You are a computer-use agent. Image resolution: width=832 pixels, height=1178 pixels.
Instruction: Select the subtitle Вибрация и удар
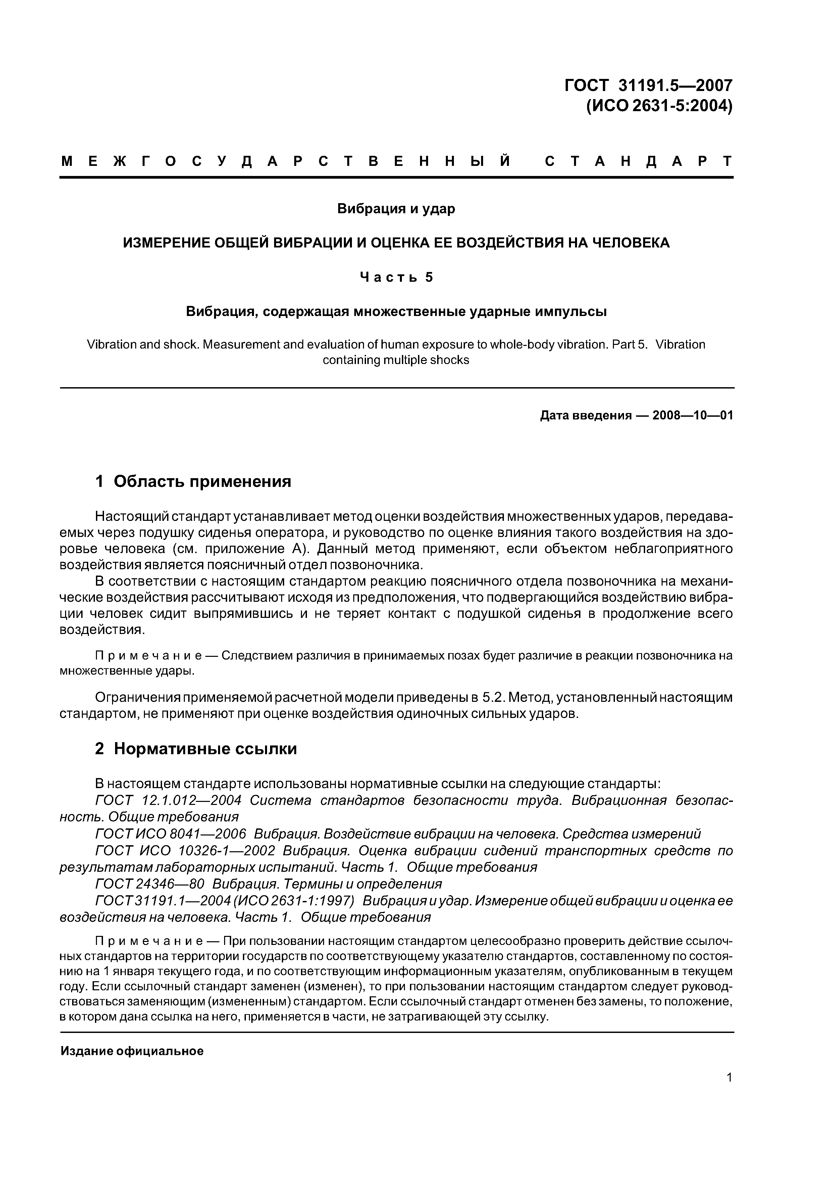coord(396,209)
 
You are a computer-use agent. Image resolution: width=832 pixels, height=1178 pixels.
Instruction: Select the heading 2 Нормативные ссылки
coord(196,749)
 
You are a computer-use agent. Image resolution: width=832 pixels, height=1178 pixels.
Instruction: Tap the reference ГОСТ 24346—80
coord(150,884)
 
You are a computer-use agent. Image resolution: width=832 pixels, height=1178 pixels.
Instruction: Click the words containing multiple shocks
coord(396,360)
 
